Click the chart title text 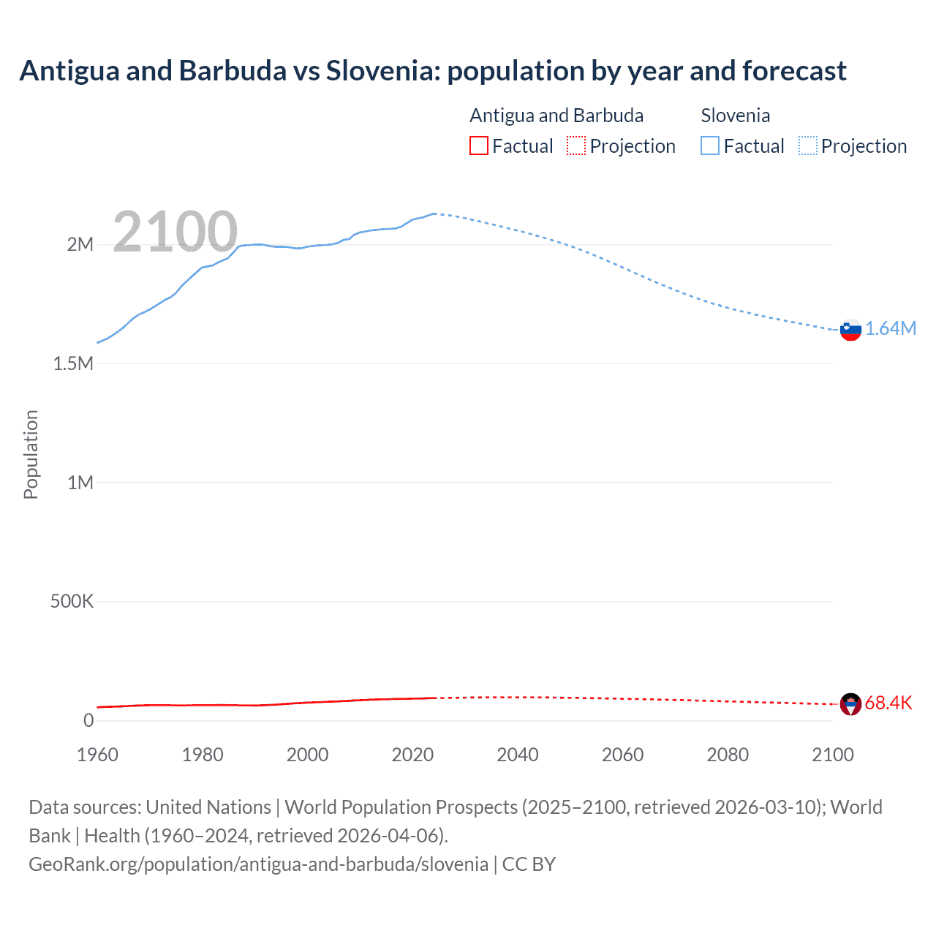pos(432,71)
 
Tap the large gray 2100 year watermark pos(175,232)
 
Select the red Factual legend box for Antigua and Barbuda pos(478,146)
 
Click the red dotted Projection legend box pos(576,146)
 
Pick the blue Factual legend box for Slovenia pos(709,146)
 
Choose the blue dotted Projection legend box pos(807,146)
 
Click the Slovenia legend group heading pos(735,116)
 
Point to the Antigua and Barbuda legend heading pos(556,116)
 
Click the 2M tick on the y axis pos(80,244)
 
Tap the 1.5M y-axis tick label pos(73,363)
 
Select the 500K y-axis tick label pos(72,601)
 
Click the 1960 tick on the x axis pos(97,755)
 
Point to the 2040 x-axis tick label pos(517,755)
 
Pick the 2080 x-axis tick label pos(728,755)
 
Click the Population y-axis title pos(31,454)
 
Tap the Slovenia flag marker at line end pos(850,330)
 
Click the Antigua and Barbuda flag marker pos(850,704)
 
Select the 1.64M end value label pos(891,328)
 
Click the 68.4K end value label pos(888,703)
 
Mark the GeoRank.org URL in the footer pos(258,864)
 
